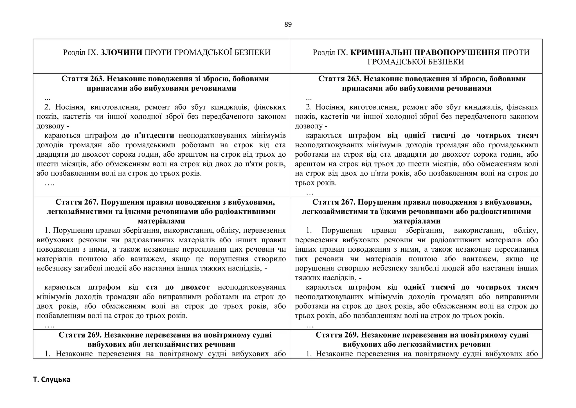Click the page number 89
tap(288, 25)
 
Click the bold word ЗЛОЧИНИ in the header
tap(121, 52)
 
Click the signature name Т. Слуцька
tap(51, 380)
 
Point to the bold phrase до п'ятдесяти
tap(148, 136)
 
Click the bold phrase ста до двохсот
tap(178, 287)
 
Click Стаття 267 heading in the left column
tap(77, 202)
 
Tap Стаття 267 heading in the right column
tap(334, 202)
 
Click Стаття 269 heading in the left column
tap(80, 335)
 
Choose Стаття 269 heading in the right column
tap(337, 335)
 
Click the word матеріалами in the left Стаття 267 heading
tap(161, 221)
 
